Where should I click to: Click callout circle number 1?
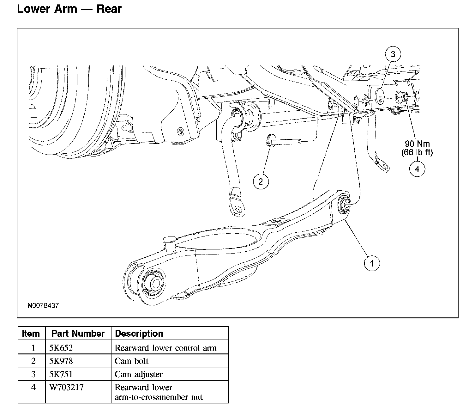(372, 263)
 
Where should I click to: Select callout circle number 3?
(393, 54)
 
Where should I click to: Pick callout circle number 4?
(417, 169)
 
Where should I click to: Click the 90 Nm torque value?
(417, 144)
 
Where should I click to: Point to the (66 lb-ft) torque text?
(417, 152)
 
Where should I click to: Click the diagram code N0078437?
(43, 306)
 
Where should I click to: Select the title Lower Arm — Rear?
(69, 9)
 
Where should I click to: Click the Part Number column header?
(78, 334)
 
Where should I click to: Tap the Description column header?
(139, 334)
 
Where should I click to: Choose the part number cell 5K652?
(61, 348)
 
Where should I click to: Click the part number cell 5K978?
(61, 361)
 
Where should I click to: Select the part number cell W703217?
(66, 387)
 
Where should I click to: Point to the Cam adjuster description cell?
(139, 374)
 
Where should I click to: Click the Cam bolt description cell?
(131, 361)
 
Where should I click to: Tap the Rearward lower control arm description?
(165, 348)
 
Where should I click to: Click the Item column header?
(31, 334)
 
